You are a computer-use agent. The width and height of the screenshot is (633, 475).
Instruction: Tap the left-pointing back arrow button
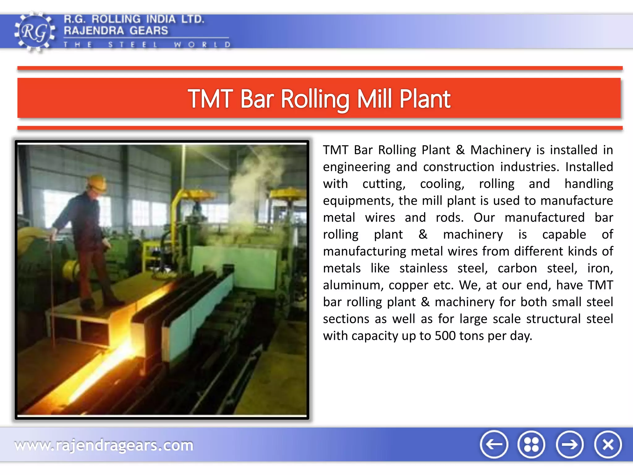coord(494,444)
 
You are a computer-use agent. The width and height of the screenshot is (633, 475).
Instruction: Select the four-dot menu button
coord(531,444)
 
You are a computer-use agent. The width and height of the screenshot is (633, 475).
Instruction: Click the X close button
coord(608,444)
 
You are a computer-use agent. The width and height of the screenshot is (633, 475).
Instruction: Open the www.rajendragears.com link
coord(104,445)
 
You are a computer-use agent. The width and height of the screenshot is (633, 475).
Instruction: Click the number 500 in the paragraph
coord(445,336)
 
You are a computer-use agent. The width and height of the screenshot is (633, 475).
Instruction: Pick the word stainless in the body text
coord(423,268)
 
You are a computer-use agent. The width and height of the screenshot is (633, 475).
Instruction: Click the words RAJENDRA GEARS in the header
coord(116,31)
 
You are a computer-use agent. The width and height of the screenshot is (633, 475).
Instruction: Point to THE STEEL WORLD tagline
coord(147,45)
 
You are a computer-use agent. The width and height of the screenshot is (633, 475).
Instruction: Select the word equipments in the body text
coord(359,201)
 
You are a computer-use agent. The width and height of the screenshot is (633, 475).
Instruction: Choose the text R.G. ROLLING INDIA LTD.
coord(134,19)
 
